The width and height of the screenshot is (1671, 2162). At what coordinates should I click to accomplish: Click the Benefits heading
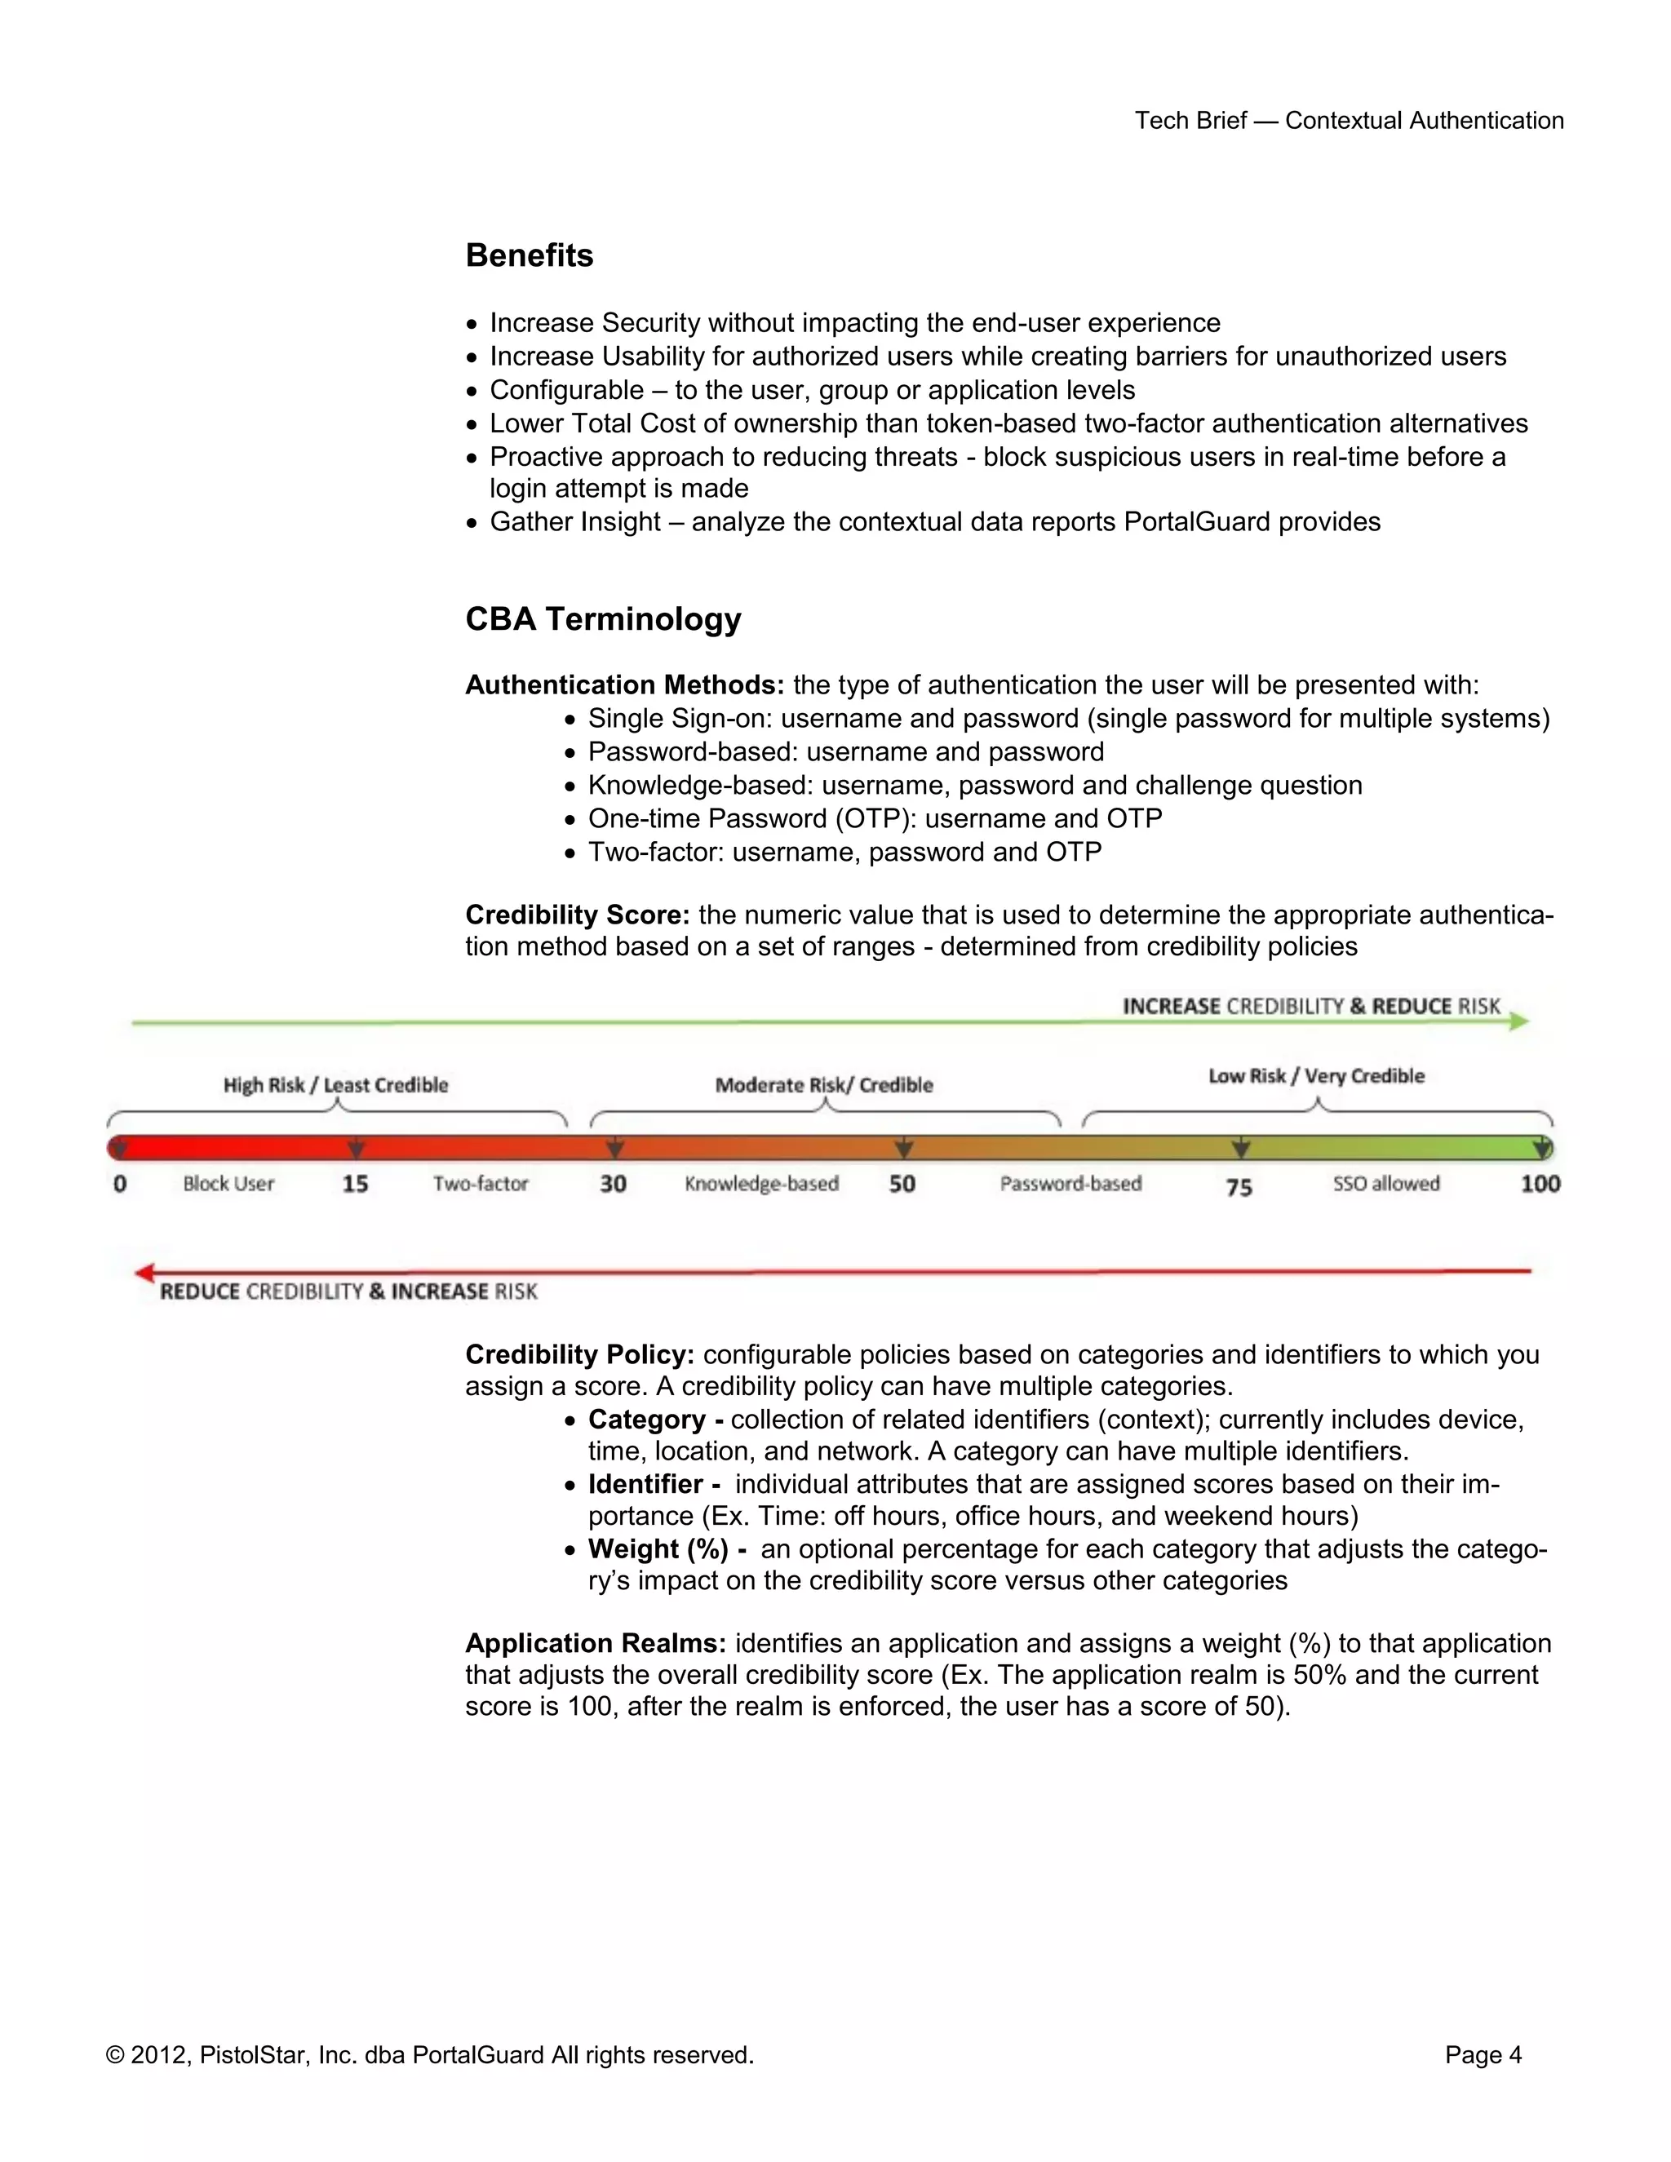pos(529,255)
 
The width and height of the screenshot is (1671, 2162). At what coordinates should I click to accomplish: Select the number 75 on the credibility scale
pos(1239,1186)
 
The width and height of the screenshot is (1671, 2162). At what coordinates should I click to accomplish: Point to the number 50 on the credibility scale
pos(902,1184)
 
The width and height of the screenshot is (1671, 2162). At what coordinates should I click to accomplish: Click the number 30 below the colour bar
pos(613,1184)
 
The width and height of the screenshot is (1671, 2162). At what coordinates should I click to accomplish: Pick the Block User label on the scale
pos(228,1184)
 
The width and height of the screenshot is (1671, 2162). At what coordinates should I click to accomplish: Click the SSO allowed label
pos(1386,1184)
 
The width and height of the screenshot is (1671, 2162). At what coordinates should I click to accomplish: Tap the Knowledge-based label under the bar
pos(761,1184)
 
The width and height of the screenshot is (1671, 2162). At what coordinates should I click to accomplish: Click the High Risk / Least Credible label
pos(335,1085)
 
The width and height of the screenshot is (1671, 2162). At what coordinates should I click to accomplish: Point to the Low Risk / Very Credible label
pos(1315,1076)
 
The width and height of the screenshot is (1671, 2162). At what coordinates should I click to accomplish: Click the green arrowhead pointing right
pos(1519,1021)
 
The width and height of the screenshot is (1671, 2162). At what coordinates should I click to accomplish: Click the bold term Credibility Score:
pos(577,915)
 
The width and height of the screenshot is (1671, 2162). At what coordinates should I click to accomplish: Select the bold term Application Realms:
pos(595,1643)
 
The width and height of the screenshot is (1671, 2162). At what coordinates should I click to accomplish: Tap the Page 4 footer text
pos(1482,2055)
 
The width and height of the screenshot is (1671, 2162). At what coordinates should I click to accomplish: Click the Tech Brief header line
pos(1348,121)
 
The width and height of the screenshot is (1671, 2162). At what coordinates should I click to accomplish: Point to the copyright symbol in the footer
pos(115,2056)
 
